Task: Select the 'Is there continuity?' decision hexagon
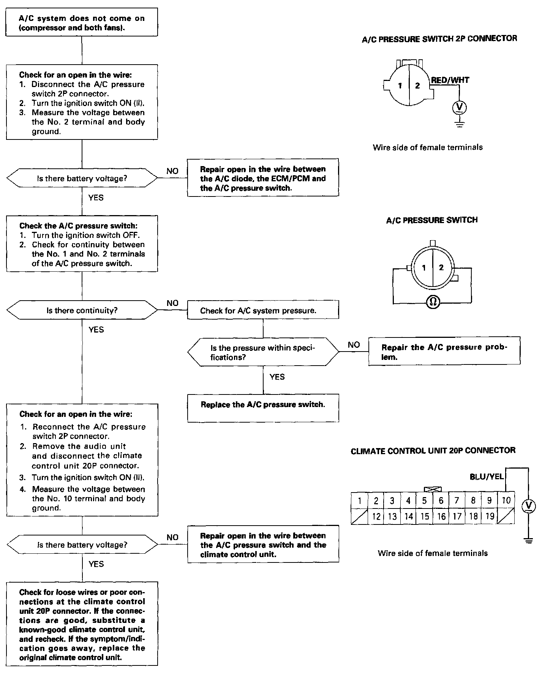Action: click(82, 310)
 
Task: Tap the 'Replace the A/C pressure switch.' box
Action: click(263, 408)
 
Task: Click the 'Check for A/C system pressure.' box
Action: click(263, 310)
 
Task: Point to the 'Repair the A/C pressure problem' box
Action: click(444, 351)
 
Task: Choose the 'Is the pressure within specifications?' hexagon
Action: click(263, 352)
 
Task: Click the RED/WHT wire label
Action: click(450, 80)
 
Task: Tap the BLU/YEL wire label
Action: click(487, 476)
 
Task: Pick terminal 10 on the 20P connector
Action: click(506, 501)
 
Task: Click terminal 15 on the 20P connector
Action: click(425, 516)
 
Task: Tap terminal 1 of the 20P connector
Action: click(359, 501)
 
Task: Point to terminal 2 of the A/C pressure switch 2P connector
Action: click(417, 86)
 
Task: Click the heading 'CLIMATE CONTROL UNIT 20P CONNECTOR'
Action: click(433, 451)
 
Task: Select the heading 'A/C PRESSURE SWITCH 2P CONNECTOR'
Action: click(439, 39)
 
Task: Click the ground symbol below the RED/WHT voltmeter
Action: click(460, 124)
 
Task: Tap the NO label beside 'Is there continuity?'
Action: click(172, 303)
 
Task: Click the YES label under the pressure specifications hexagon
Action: click(277, 377)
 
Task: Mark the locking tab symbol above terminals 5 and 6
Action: click(433, 489)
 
